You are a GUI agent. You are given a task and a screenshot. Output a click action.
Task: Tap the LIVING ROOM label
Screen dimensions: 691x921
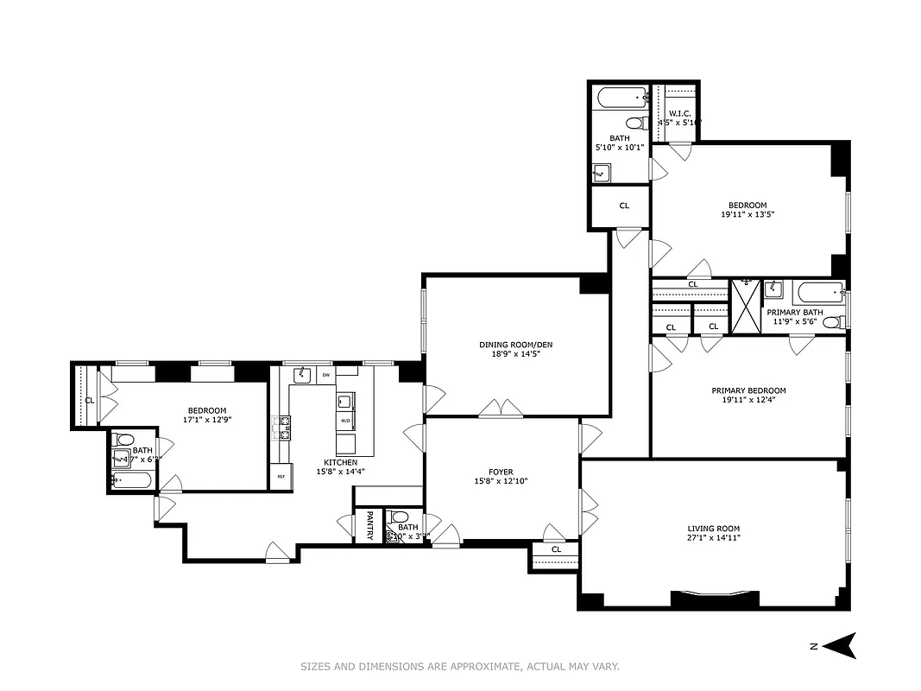(x=713, y=529)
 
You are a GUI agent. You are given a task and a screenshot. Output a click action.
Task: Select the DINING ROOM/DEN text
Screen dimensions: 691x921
(x=515, y=345)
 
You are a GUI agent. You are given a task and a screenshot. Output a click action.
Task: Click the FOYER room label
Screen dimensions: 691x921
(x=501, y=472)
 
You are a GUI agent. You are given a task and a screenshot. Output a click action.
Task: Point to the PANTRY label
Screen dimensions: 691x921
(x=369, y=526)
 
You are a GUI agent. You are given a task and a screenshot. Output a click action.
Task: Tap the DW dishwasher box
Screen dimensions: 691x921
(x=325, y=375)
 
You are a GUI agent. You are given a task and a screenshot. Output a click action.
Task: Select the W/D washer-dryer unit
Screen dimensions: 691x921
(x=345, y=422)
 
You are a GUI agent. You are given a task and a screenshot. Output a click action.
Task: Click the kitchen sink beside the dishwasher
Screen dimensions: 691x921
(x=302, y=375)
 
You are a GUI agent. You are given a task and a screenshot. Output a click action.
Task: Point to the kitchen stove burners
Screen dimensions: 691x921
(x=281, y=428)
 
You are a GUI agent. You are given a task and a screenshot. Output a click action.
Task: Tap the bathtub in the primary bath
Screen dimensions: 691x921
(x=818, y=291)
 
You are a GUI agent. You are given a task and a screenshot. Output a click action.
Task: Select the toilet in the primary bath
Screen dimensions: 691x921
(x=832, y=322)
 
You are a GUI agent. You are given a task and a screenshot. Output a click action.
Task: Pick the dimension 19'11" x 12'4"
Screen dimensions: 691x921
(x=748, y=401)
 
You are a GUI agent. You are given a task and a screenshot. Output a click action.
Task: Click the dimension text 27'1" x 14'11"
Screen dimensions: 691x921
(x=713, y=538)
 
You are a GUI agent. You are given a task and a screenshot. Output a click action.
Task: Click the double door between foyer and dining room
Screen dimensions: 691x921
(x=501, y=409)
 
